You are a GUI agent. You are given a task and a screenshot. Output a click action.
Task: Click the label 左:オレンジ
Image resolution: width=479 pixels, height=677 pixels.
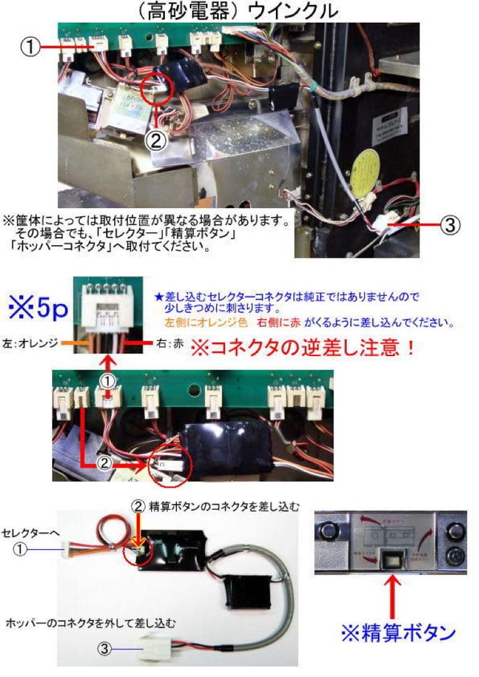click(x=29, y=343)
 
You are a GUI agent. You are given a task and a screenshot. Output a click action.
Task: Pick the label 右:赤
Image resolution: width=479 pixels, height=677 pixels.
click(x=168, y=343)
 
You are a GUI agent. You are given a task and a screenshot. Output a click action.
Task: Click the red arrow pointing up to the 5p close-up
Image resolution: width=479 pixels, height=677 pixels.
click(x=108, y=364)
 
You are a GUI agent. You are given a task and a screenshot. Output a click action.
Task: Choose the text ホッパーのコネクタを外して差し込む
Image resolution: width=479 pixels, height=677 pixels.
click(x=89, y=624)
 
